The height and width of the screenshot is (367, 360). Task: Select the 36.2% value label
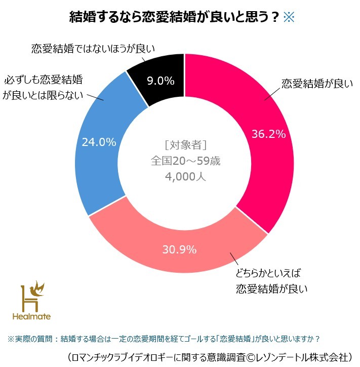(x=269, y=134)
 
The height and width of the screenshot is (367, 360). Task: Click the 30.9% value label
(x=179, y=249)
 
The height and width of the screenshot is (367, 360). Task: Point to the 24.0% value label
(x=99, y=142)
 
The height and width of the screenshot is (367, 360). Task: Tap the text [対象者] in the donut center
(x=185, y=145)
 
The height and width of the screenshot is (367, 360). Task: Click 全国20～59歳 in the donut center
(x=185, y=161)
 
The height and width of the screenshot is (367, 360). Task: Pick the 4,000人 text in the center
(x=185, y=178)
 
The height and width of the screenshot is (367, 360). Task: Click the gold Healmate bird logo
(x=32, y=299)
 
